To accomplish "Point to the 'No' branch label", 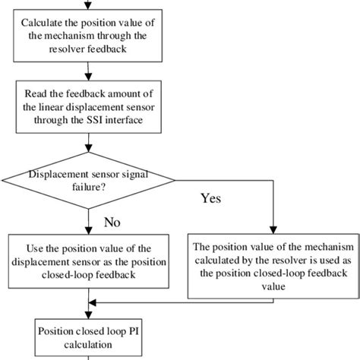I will point(113,223).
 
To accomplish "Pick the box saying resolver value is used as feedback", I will point(271,267).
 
